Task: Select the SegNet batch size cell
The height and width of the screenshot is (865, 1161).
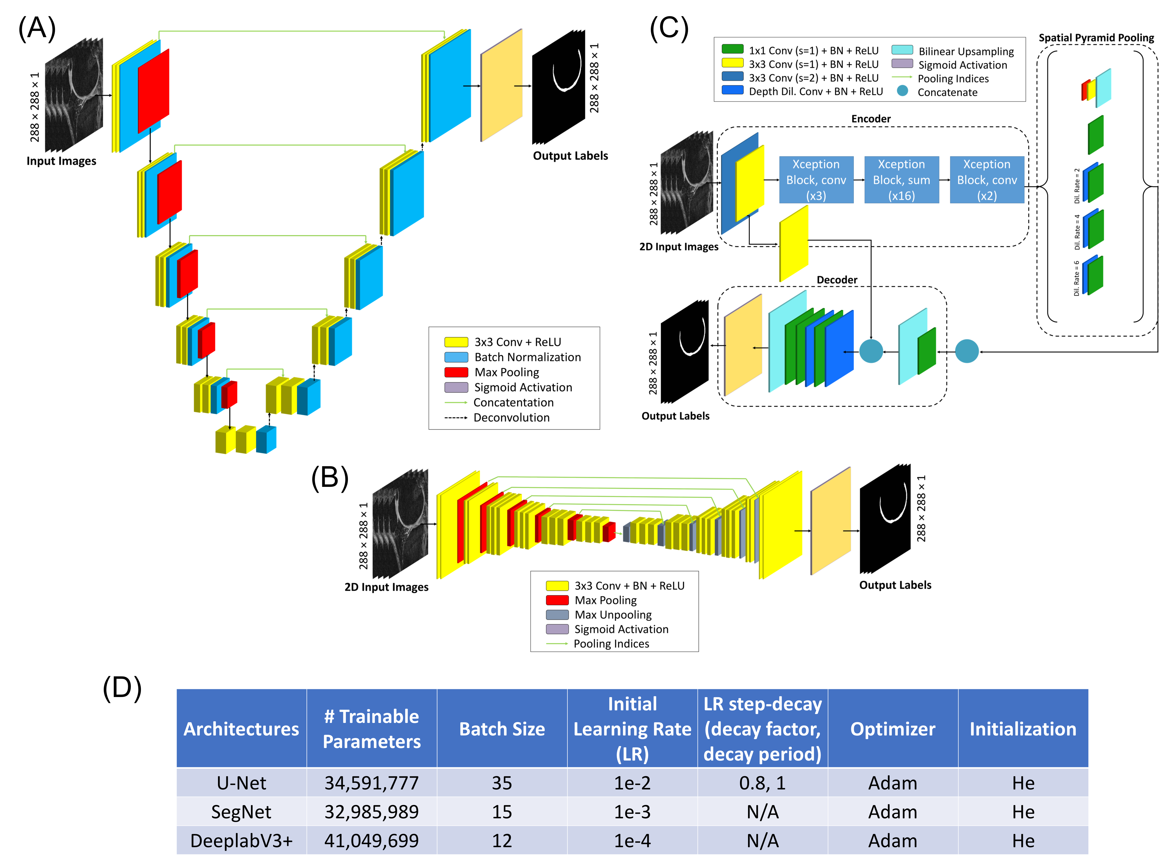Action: pyautogui.click(x=502, y=812)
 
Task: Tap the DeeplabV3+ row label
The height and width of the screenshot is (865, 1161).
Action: pyautogui.click(x=241, y=840)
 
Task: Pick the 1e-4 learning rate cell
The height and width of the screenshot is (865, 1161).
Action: pyautogui.click(x=632, y=840)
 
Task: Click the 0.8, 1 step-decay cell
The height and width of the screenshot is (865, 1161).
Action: pyautogui.click(x=762, y=783)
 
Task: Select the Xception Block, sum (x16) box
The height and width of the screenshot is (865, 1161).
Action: pyautogui.click(x=901, y=180)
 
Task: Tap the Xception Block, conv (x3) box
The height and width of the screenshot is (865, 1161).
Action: pyautogui.click(x=816, y=180)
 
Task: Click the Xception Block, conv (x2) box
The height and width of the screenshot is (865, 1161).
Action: pyautogui.click(x=987, y=180)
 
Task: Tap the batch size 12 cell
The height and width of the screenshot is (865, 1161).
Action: pyautogui.click(x=502, y=840)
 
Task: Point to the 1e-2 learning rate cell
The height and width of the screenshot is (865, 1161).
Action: pyautogui.click(x=632, y=783)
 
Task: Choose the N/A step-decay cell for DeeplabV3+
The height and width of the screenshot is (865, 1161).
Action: pyautogui.click(x=762, y=840)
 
